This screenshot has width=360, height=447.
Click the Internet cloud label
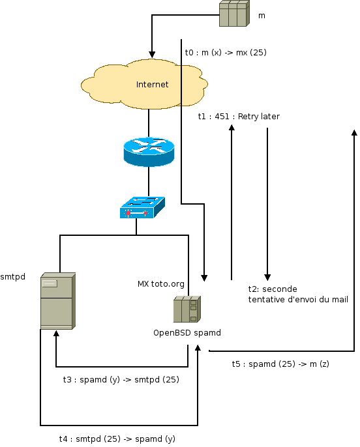[152, 85]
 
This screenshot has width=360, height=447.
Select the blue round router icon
[149, 152]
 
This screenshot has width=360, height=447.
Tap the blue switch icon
[142, 207]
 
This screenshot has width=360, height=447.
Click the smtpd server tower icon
[58, 301]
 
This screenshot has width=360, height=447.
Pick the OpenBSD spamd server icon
[187, 310]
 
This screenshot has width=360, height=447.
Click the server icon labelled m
[235, 14]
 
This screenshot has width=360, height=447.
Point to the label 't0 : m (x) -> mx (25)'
[226, 52]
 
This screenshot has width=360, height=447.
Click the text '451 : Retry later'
[247, 116]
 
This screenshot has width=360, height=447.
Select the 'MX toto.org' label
[161, 284]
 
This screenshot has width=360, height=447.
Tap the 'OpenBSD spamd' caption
[187, 333]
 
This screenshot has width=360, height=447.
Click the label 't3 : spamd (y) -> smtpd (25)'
[121, 380]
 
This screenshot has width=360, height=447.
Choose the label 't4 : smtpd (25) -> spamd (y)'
[117, 439]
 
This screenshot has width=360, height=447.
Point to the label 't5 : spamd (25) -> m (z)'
[280, 364]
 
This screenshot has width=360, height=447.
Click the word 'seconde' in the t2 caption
[280, 289]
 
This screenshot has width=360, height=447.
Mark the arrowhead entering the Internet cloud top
[152, 55]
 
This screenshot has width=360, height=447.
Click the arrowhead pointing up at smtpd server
[56, 334]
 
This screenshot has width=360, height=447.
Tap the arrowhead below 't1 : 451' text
[232, 128]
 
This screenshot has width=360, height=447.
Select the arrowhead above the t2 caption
[267, 278]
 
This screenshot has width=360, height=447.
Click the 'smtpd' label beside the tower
[13, 277]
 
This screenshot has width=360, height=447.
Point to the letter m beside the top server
[262, 16]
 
